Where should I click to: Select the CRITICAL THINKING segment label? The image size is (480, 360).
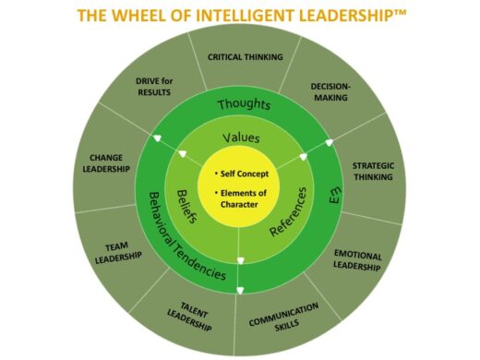[x=245, y=56]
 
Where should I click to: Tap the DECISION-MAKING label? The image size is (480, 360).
[x=330, y=94]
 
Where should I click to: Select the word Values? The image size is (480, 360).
[x=241, y=138]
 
